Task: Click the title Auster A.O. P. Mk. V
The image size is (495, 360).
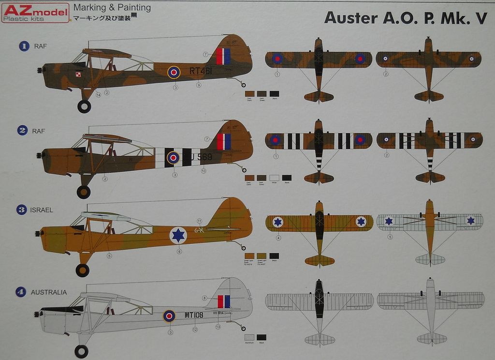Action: pos(405,17)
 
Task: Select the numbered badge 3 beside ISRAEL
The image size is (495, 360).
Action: pos(21,210)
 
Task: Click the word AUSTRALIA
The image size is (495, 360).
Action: pos(49,292)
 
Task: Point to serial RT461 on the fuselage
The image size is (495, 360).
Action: pos(201,71)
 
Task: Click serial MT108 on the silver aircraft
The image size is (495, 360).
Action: pos(194,315)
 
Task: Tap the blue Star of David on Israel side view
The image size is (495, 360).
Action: pos(178,235)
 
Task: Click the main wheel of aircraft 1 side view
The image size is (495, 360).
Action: pos(84,106)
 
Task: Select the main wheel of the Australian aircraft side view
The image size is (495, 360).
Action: pos(81,351)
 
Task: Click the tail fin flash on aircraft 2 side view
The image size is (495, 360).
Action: pos(223,141)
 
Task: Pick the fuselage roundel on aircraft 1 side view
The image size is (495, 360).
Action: pos(174,73)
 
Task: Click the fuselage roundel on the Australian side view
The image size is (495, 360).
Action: pos(169,316)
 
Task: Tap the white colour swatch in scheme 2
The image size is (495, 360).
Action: pos(274,178)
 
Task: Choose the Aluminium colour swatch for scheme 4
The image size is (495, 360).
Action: pos(249,337)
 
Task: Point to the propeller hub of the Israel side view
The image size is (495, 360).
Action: pos(37,234)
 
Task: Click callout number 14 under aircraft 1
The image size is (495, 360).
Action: pos(98,95)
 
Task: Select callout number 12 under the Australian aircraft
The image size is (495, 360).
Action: pos(195,330)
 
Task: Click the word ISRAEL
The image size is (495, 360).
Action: pos(42,210)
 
